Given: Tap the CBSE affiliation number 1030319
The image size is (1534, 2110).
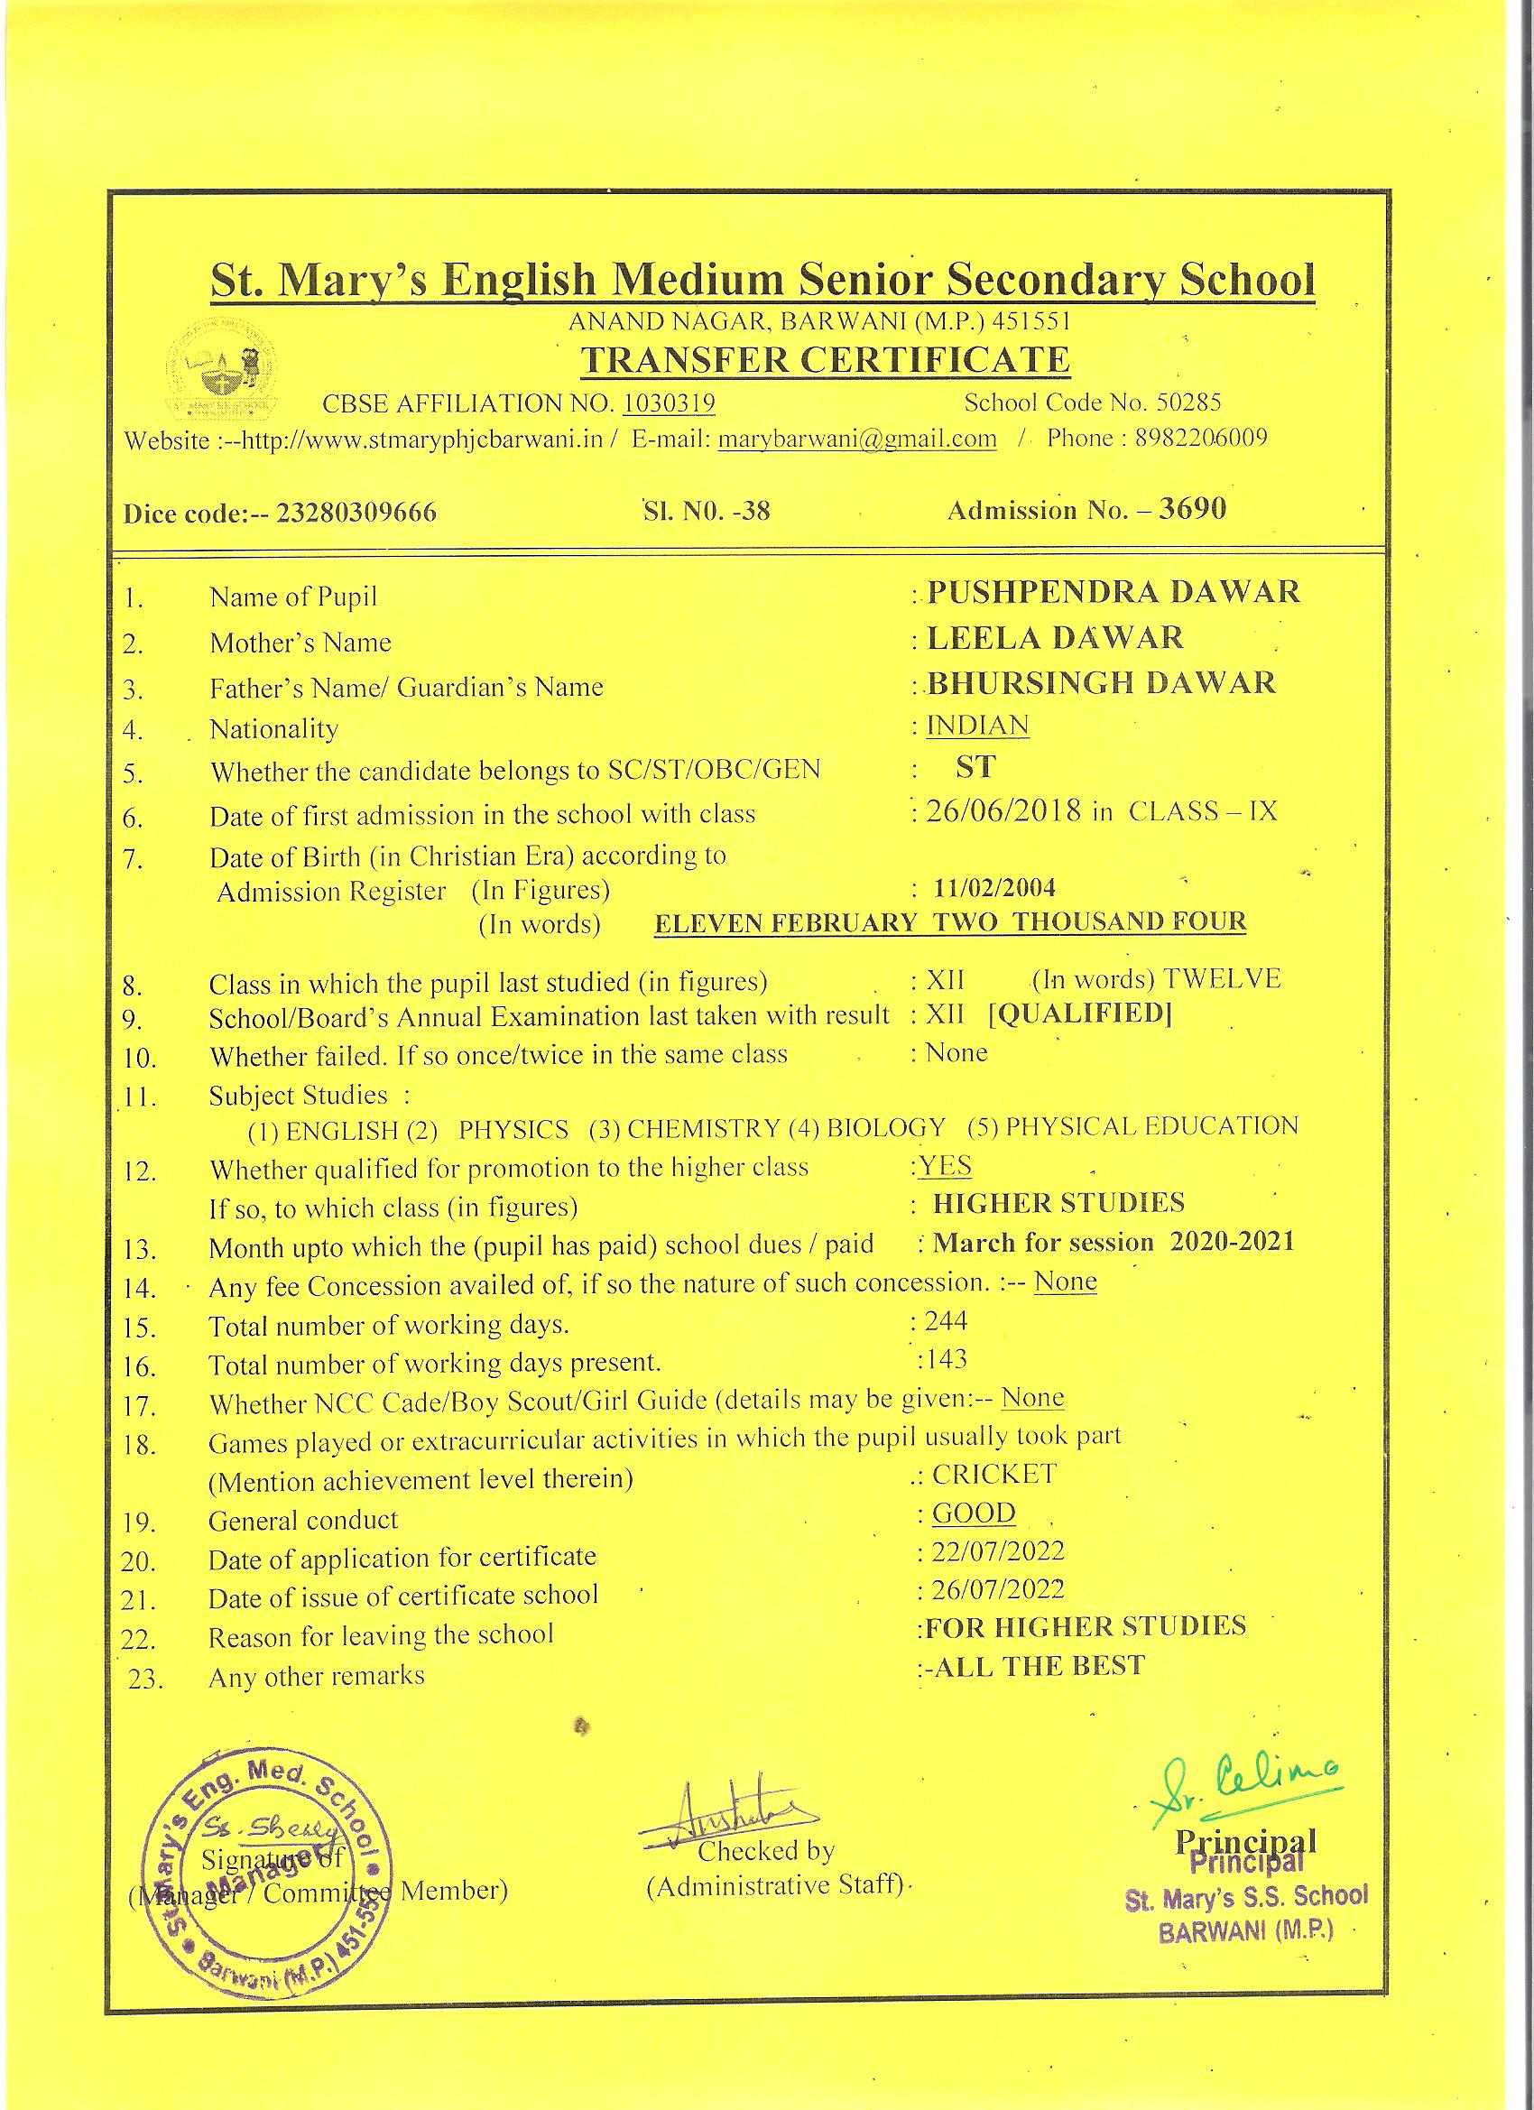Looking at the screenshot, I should point(668,403).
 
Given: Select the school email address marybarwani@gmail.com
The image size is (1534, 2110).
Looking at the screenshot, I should point(856,440).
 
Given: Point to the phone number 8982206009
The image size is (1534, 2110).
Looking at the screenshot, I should point(1200,438).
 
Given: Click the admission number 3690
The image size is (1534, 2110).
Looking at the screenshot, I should point(1192,508).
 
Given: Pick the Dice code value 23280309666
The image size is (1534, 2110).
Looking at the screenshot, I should point(356,513).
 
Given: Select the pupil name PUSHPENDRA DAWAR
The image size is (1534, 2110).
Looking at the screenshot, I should point(1114,592).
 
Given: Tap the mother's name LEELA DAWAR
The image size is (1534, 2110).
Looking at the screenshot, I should point(1055,638).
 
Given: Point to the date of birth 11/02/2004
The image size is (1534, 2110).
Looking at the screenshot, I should point(994,886).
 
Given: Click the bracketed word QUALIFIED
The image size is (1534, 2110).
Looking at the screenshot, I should point(1079,1013).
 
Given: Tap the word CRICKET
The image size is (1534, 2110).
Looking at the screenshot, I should point(994,1474).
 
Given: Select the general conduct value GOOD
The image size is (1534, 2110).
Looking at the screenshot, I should point(973,1513).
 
